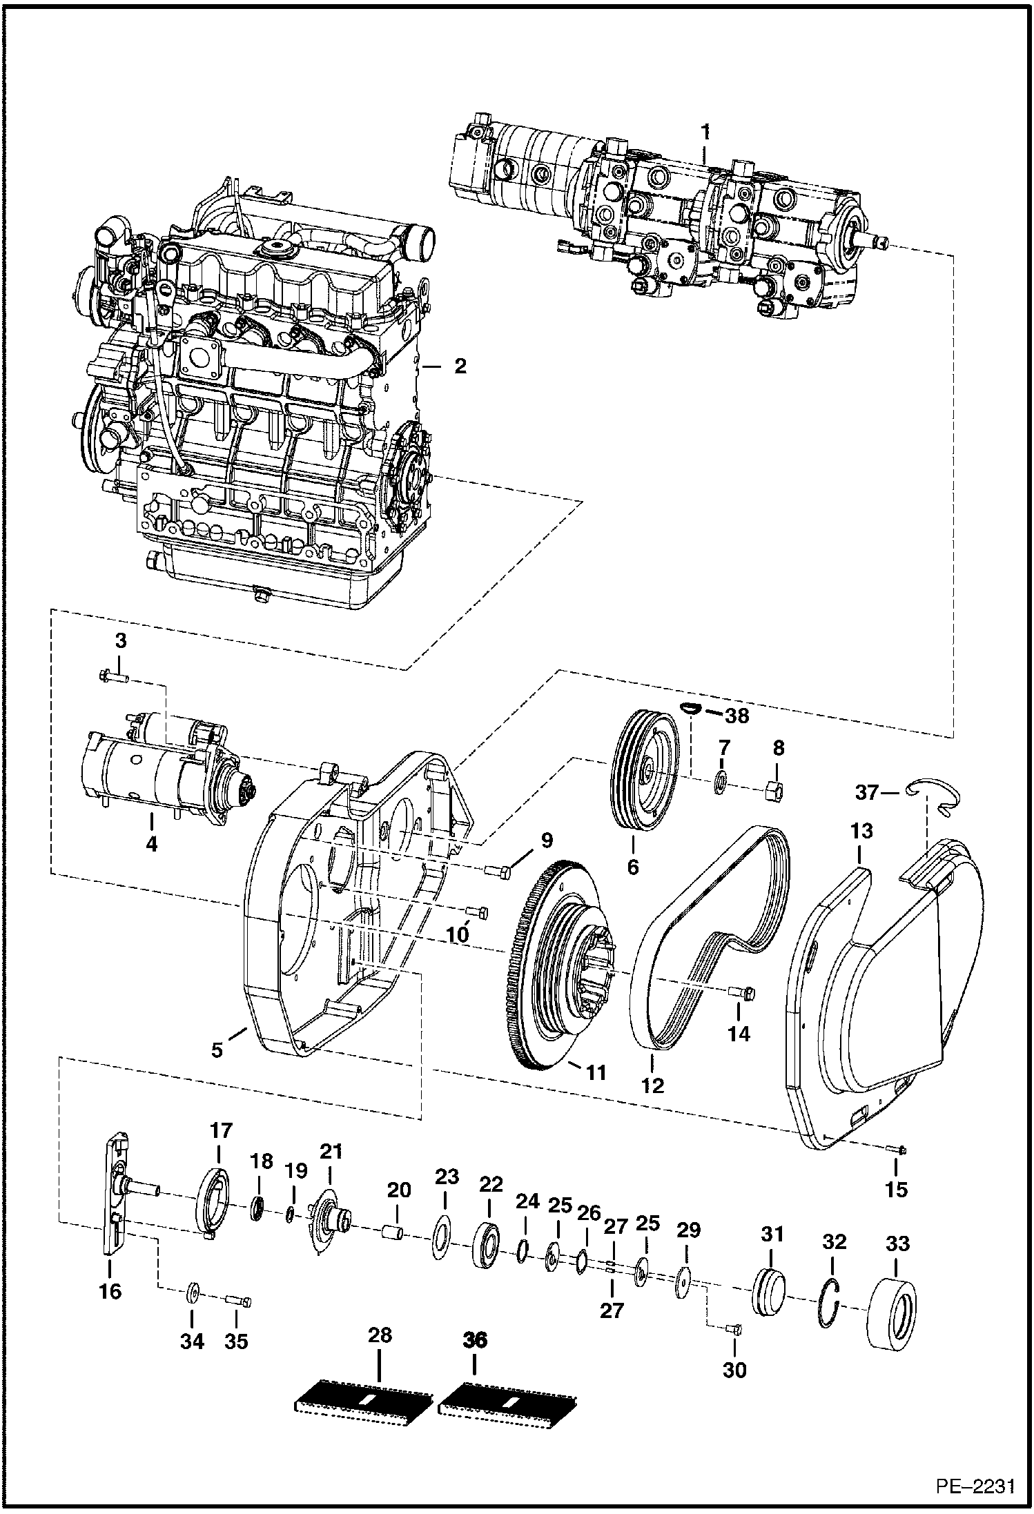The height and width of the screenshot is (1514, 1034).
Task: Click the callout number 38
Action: click(737, 716)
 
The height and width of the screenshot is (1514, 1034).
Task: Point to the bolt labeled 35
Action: click(238, 1301)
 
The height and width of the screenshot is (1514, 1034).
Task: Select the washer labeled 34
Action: click(193, 1291)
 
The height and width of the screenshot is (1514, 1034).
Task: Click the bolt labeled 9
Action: click(499, 872)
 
